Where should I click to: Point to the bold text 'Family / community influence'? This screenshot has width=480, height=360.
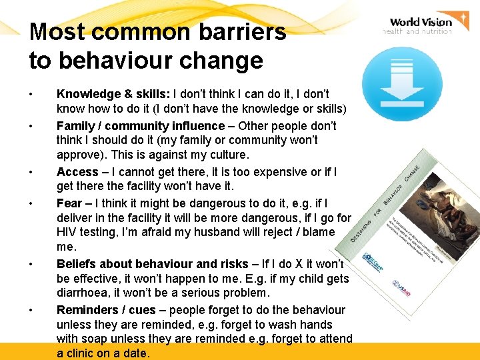[x=141, y=126]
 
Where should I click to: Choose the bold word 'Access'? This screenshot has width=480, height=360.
[x=77, y=172]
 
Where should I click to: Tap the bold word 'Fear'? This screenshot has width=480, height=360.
[x=69, y=203]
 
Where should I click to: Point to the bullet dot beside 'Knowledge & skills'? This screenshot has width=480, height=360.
[x=32, y=95]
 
